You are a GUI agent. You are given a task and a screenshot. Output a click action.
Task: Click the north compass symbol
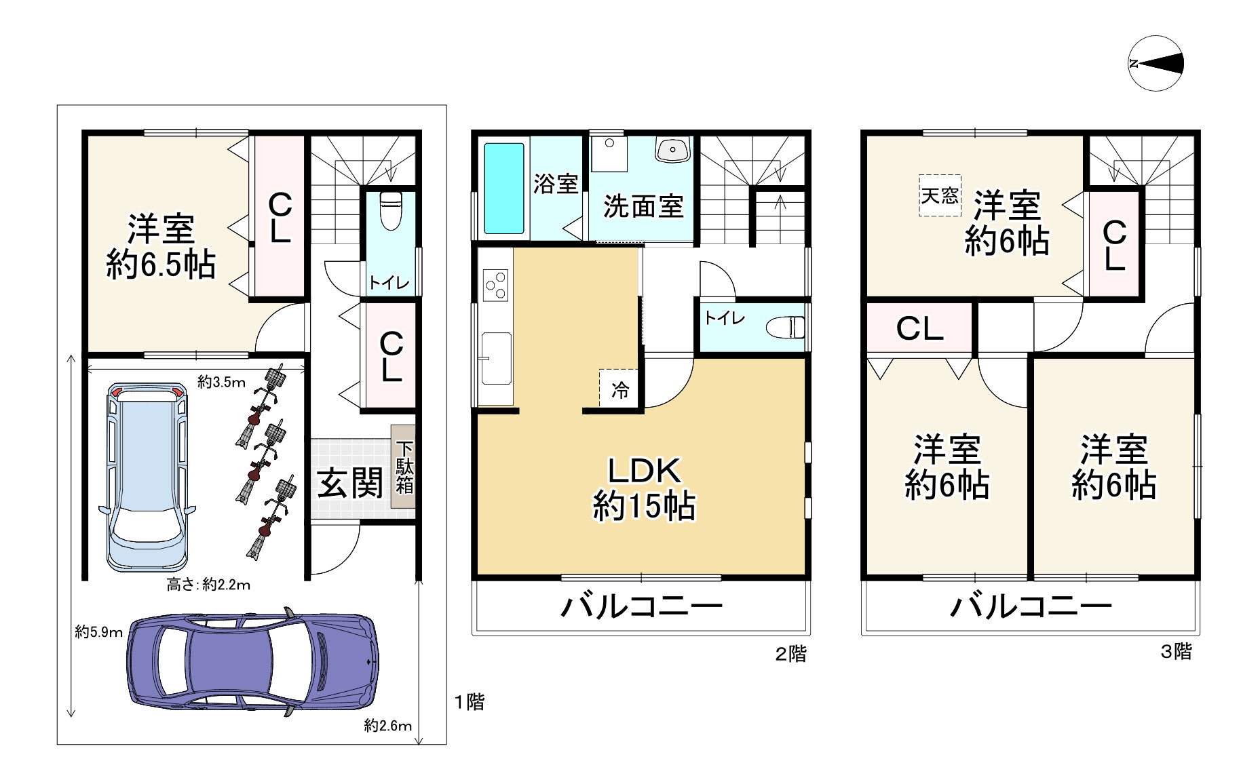[1156, 63]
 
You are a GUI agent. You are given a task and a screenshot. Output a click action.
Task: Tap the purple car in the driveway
[252, 662]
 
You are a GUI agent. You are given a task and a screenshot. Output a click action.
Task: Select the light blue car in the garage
[147, 477]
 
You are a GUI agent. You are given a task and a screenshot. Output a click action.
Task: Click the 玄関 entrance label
[350, 483]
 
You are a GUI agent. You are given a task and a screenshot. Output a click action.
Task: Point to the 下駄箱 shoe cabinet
[404, 467]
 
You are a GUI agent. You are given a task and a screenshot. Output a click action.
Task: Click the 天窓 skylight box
[940, 195]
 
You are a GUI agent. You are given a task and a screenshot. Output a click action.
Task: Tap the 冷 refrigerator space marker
[619, 389]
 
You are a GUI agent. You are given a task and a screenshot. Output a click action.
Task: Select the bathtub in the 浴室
[504, 188]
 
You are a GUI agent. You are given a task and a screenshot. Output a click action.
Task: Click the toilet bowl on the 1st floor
[392, 211]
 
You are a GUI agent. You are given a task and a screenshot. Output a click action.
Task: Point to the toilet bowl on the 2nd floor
[785, 328]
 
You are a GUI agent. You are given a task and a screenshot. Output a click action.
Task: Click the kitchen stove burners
[495, 285]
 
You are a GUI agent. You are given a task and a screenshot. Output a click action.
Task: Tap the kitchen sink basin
[497, 358]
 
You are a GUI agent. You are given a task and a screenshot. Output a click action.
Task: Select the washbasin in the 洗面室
[672, 149]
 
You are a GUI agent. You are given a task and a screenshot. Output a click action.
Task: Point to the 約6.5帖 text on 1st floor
[161, 265]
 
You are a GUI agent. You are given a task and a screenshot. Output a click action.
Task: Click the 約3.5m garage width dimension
[221, 382]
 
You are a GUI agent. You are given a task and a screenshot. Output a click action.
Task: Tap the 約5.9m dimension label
[98, 632]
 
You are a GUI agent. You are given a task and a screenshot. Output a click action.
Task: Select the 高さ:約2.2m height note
[208, 585]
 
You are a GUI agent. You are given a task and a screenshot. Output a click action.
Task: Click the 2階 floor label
[791, 654]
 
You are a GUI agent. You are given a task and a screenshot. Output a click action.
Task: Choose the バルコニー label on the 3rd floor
[1031, 606]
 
